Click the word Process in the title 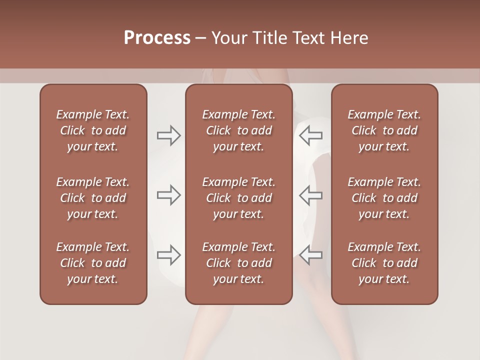click(x=157, y=38)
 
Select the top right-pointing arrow click(x=168, y=135)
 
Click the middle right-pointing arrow click(x=168, y=195)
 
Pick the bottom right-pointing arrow click(x=168, y=255)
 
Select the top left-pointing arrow click(x=310, y=135)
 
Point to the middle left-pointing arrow click(x=310, y=195)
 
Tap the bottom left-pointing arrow click(x=310, y=255)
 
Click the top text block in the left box click(x=93, y=130)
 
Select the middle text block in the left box click(x=93, y=198)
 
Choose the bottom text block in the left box click(x=93, y=263)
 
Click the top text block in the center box click(x=239, y=130)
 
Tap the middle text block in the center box click(x=239, y=198)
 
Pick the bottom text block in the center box click(x=239, y=263)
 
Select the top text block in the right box click(x=384, y=130)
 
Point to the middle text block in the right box click(x=384, y=198)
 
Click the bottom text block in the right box click(x=384, y=263)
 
